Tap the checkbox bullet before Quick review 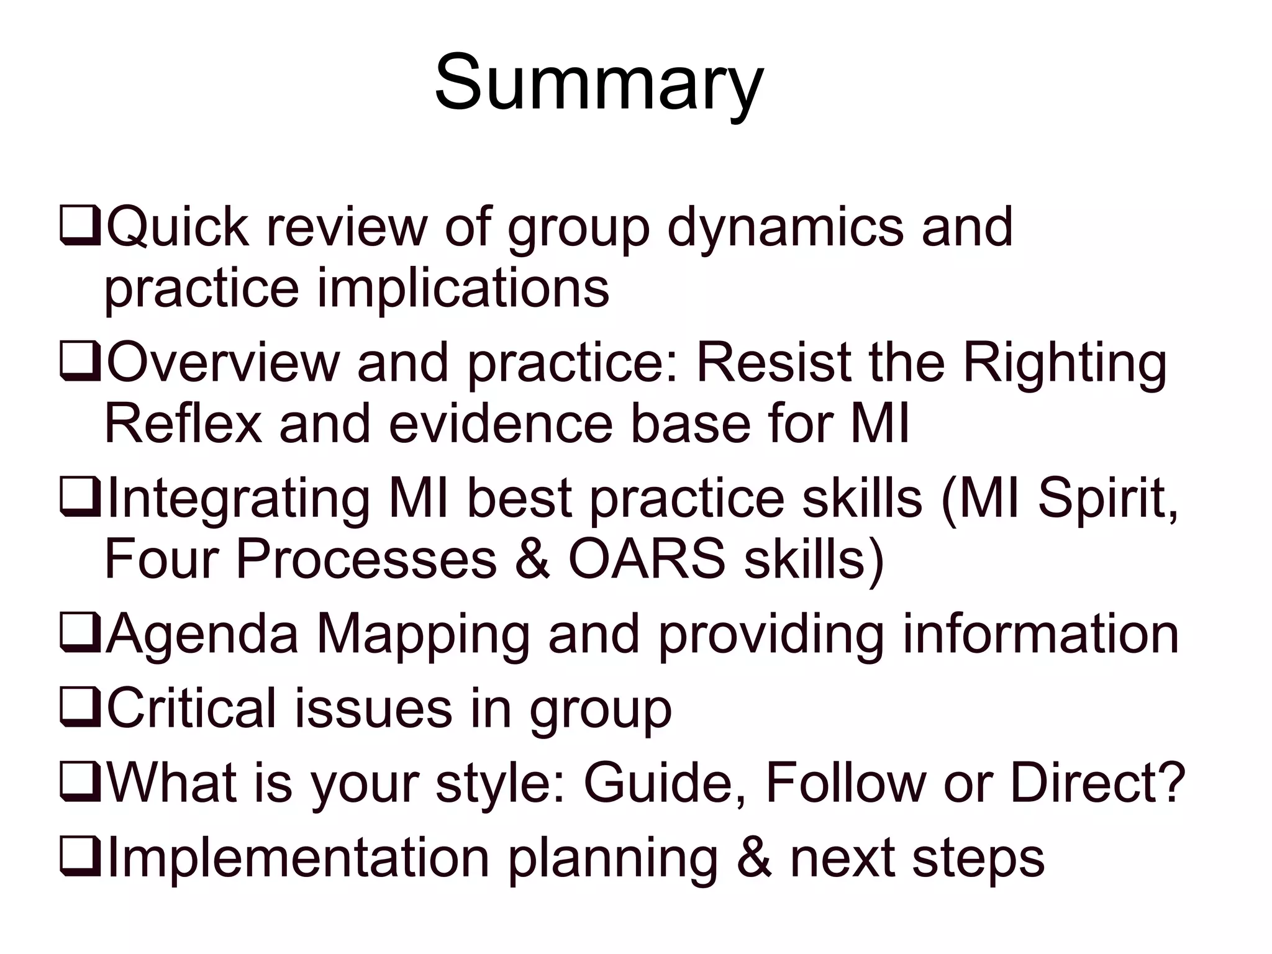tap(80, 227)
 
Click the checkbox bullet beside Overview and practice tap(80, 363)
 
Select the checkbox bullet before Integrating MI tap(80, 498)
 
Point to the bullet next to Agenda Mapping tap(80, 635)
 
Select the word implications tap(463, 289)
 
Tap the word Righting tap(1065, 364)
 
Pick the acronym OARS tap(647, 559)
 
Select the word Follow tap(845, 783)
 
